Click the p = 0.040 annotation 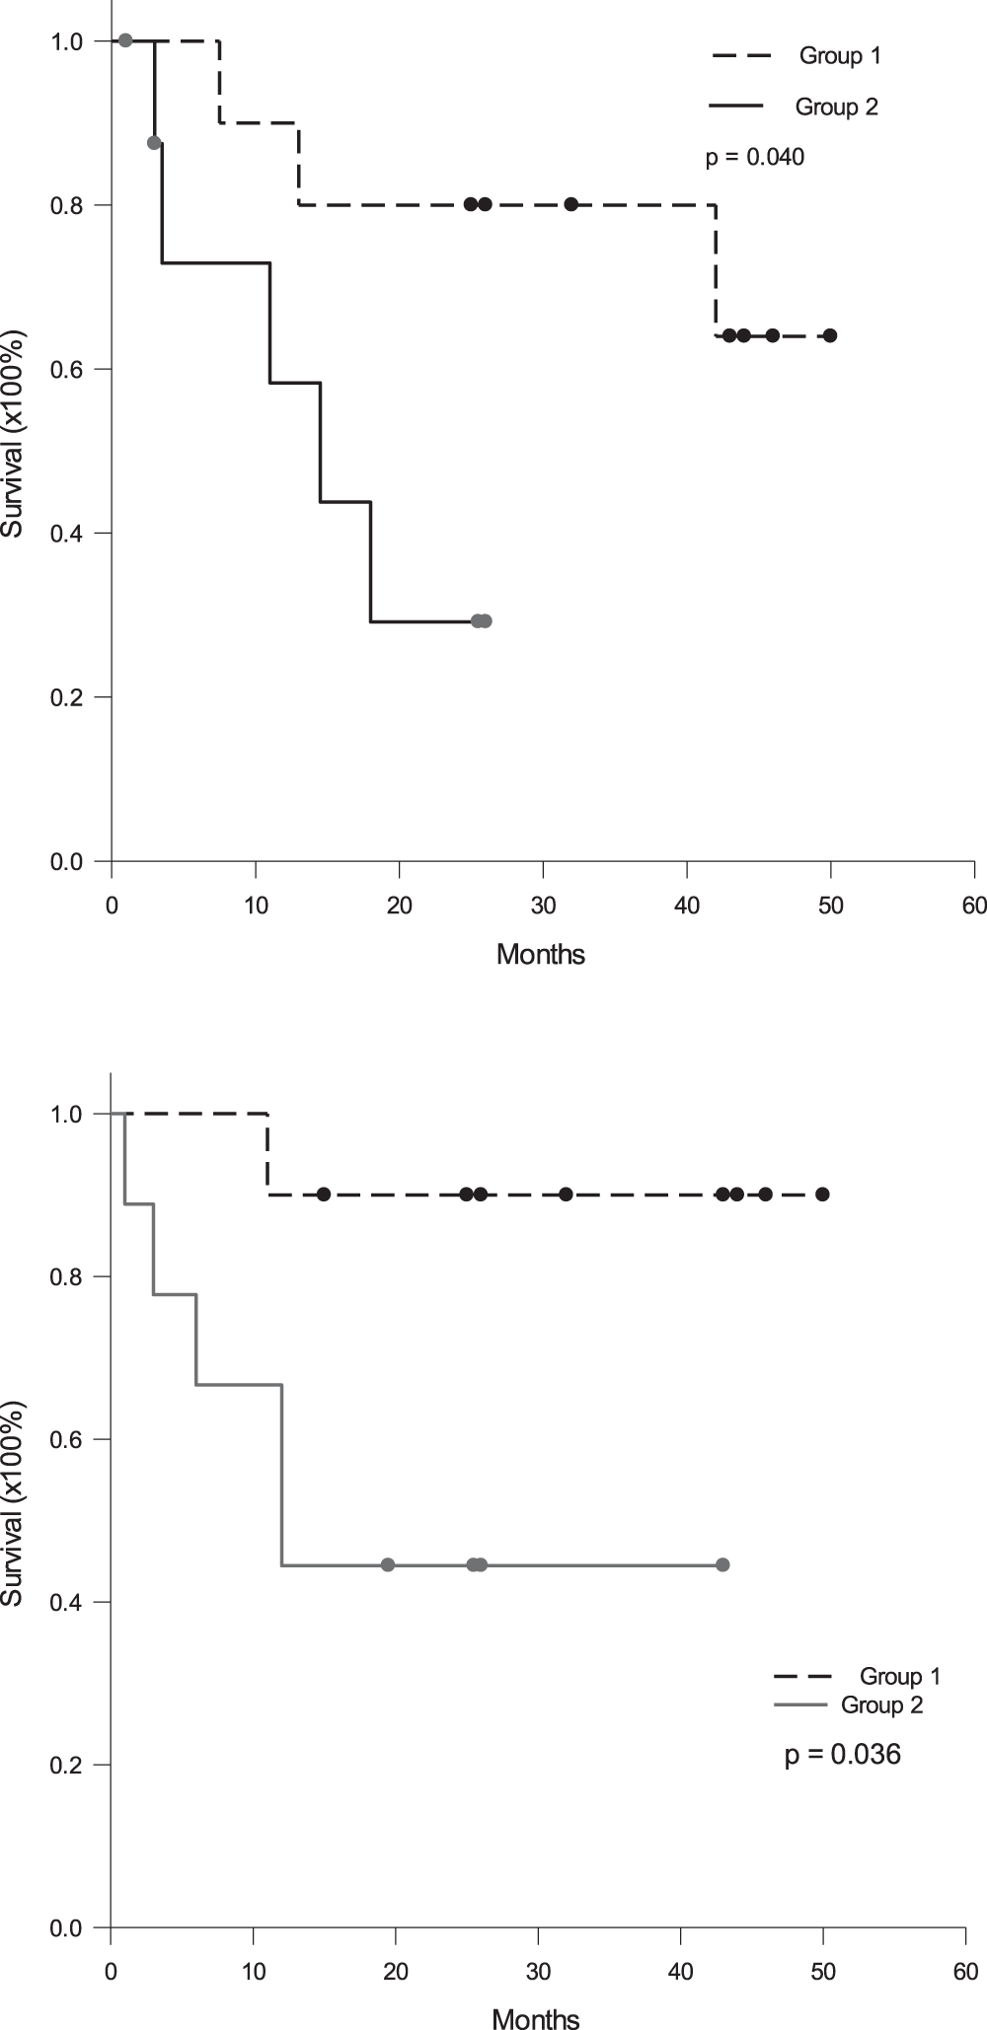(x=754, y=157)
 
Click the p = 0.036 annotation (x=842, y=1755)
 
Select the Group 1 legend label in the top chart (x=840, y=56)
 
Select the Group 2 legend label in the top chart (x=836, y=107)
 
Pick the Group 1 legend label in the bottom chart (x=900, y=1676)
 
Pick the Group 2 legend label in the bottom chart (x=881, y=1705)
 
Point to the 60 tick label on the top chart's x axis (x=974, y=906)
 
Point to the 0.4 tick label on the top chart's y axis (x=68, y=534)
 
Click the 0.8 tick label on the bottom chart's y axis (x=68, y=1277)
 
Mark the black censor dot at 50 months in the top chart (x=830, y=335)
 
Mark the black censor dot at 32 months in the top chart (x=571, y=204)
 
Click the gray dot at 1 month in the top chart (x=125, y=40)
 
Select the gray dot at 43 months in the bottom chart (x=722, y=1564)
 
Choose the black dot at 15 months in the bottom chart (x=324, y=1195)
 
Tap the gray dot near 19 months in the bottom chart (x=388, y=1564)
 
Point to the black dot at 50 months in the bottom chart (x=822, y=1195)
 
